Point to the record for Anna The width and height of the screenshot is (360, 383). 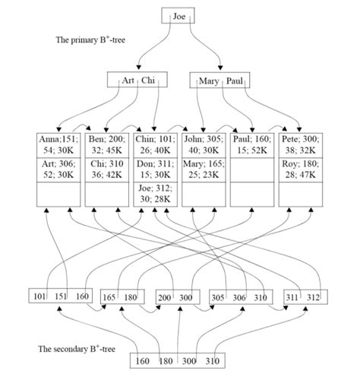(58, 144)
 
